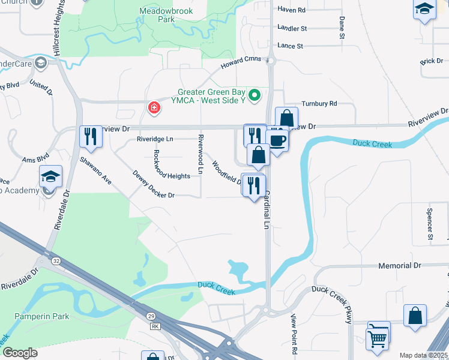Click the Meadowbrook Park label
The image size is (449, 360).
[x=157, y=15]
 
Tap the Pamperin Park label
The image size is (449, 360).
[x=43, y=316]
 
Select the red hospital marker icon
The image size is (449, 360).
[x=154, y=107]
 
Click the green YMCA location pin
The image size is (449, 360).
[x=255, y=95]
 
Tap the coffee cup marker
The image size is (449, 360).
[x=277, y=140]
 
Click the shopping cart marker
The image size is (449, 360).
[x=378, y=337]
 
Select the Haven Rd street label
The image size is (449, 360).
[x=292, y=10]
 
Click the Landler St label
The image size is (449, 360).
[x=292, y=28]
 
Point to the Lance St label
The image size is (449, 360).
[x=291, y=46]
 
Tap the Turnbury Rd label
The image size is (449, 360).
[x=319, y=104]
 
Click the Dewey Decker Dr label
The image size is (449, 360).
[x=154, y=196]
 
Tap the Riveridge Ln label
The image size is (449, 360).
[x=155, y=139]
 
